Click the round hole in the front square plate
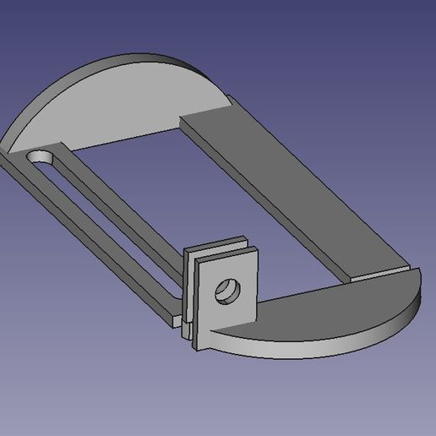click(226, 292)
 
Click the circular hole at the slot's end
click(39, 158)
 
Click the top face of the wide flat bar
click(287, 186)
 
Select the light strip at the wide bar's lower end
click(380, 272)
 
